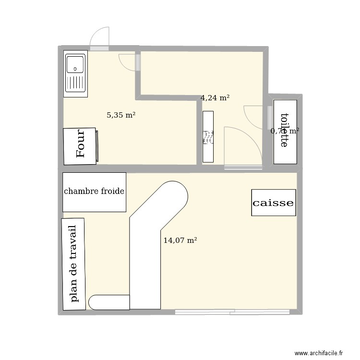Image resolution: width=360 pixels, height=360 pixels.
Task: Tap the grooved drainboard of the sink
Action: [75, 84]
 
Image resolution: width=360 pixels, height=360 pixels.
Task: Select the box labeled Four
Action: [80, 145]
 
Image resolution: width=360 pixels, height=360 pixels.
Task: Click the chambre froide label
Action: [94, 192]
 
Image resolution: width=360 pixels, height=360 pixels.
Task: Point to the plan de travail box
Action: [73, 264]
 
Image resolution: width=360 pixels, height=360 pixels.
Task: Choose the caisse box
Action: [273, 203]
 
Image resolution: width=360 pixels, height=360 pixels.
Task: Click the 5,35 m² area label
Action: [121, 115]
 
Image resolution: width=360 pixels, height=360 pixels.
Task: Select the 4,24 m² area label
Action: [215, 98]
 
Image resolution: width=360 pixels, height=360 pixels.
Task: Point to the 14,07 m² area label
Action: [180, 240]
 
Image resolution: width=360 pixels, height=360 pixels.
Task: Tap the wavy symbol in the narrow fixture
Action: [208, 138]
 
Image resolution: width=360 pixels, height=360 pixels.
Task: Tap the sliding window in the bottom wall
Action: [232, 312]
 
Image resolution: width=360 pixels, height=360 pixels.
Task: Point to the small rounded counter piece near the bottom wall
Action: [109, 302]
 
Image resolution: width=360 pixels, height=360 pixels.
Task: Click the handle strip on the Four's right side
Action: [97, 145]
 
